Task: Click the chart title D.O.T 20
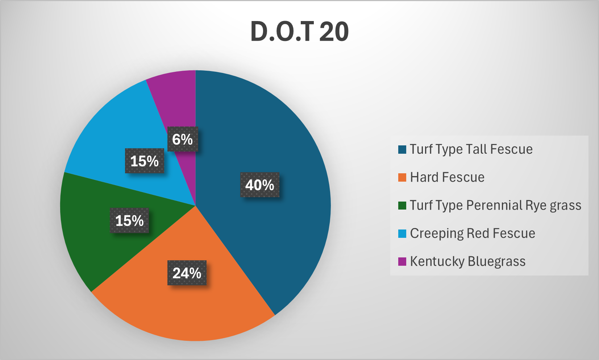299,32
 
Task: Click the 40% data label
260,185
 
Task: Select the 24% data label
187,273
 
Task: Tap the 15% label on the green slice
129,220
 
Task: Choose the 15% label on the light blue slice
145,161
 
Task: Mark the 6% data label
183,139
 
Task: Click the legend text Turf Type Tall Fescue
471,149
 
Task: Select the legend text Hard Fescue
447,177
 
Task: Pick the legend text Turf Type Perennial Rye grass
495,206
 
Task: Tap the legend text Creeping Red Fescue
473,233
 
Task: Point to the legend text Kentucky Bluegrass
467,261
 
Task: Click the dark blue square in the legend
402,150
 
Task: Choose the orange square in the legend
402,178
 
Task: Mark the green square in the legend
402,206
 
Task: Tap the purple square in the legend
402,261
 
